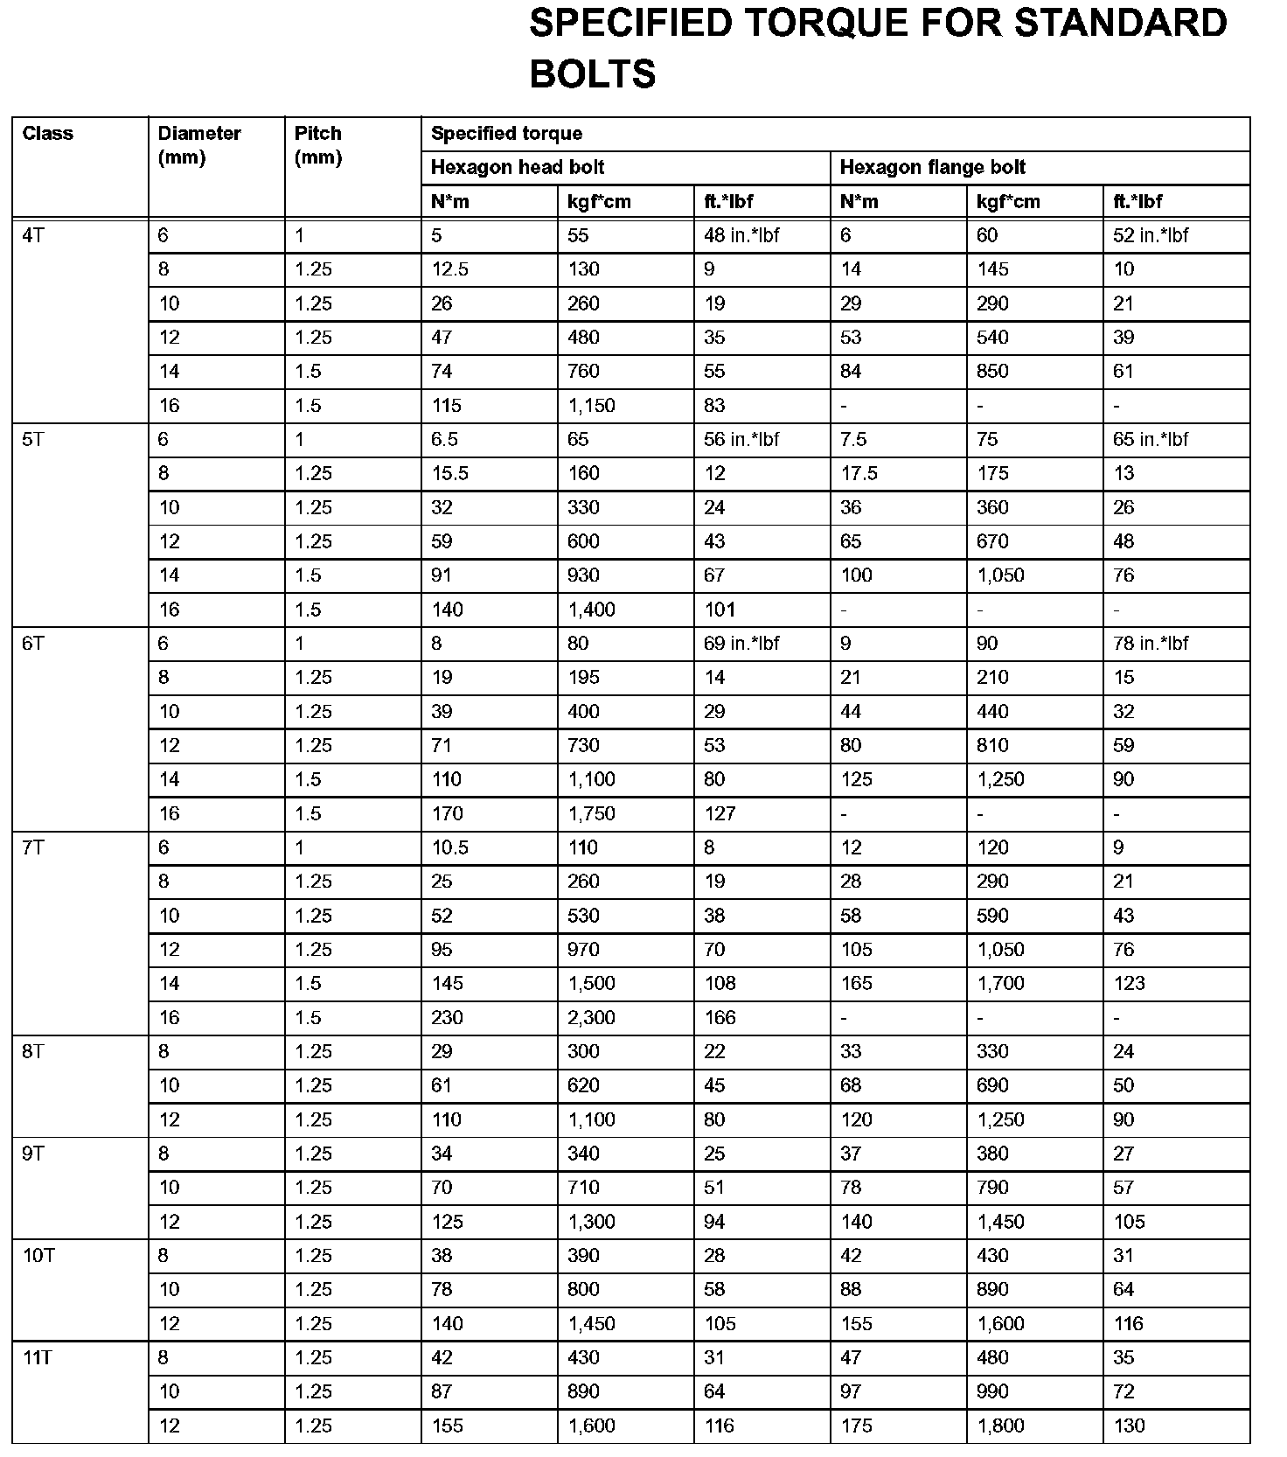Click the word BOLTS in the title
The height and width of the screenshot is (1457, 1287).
pyautogui.click(x=592, y=74)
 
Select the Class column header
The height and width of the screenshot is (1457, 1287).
pyautogui.click(x=48, y=134)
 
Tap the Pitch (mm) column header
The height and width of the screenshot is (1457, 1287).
pyautogui.click(x=318, y=145)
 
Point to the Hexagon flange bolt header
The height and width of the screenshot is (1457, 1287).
pyautogui.click(x=933, y=167)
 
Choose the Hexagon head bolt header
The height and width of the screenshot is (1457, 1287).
pyautogui.click(x=518, y=167)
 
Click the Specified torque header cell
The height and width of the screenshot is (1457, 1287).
pyautogui.click(x=506, y=134)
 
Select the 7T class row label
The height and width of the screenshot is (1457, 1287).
pyautogui.click(x=33, y=847)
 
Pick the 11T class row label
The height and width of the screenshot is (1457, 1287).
pyautogui.click(x=38, y=1357)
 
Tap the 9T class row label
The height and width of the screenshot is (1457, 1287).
pyautogui.click(x=33, y=1154)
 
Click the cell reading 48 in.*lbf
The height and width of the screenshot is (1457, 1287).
pyautogui.click(x=741, y=235)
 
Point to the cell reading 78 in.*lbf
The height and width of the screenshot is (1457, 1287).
pyautogui.click(x=1151, y=644)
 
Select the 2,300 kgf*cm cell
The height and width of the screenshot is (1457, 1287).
pyautogui.click(x=592, y=1017)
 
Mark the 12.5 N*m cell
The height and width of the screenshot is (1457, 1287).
pyautogui.click(x=450, y=269)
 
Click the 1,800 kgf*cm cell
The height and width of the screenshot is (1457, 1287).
pyautogui.click(x=1001, y=1426)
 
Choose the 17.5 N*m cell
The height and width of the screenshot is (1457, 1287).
pyautogui.click(x=859, y=473)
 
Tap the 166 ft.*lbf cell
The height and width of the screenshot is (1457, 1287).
pyautogui.click(x=720, y=1017)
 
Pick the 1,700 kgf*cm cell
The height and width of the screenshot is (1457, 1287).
pyautogui.click(x=1001, y=983)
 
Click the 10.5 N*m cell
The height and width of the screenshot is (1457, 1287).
pyautogui.click(x=450, y=847)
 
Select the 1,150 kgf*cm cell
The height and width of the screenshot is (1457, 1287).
pyautogui.click(x=592, y=406)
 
